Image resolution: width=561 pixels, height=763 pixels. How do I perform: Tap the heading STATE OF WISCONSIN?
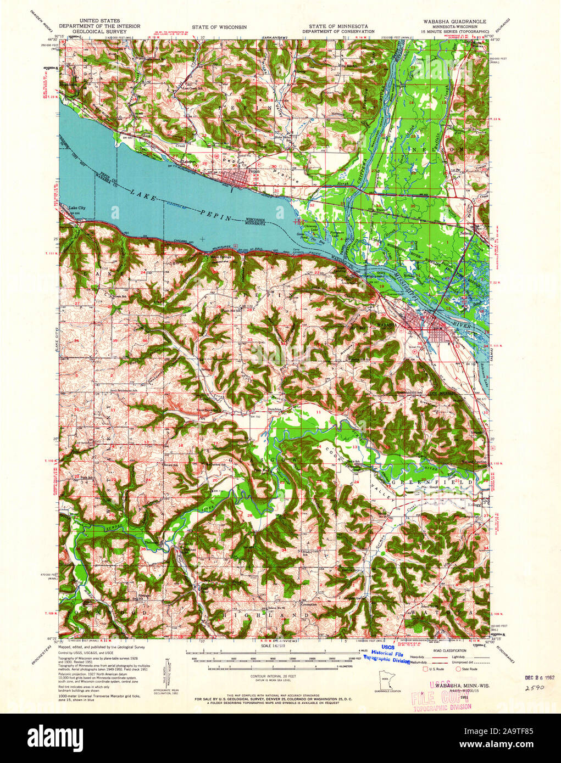pyautogui.click(x=219, y=26)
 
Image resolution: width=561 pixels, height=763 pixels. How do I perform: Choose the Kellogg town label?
pyautogui.click(x=474, y=504)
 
